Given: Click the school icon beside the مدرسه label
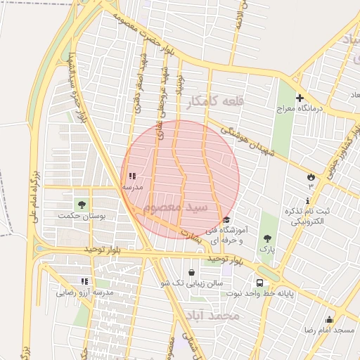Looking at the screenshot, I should [x=132, y=176].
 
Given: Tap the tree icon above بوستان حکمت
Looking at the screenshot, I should [x=82, y=205].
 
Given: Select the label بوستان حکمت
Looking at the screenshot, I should [x=82, y=217].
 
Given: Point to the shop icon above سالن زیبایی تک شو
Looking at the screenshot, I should [x=191, y=272].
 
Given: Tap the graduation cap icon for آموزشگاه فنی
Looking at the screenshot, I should [x=226, y=220].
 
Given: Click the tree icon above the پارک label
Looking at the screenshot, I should [x=266, y=238].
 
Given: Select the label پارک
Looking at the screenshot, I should [x=266, y=249].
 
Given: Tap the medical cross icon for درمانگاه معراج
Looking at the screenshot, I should [x=300, y=98].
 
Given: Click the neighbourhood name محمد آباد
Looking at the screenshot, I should [x=215, y=316].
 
